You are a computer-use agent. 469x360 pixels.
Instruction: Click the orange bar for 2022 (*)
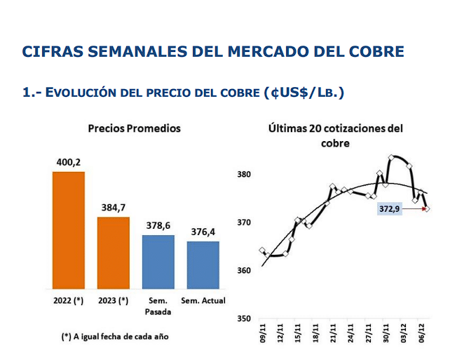[68, 230]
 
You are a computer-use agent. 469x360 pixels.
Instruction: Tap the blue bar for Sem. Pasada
[158, 262]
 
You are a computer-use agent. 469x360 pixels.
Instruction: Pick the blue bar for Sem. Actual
[203, 265]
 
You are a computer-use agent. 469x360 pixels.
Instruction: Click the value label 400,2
[68, 161]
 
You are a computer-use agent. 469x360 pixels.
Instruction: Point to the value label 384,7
[113, 207]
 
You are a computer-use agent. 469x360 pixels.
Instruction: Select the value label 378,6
[158, 225]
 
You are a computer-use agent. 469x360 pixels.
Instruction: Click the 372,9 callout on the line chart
[390, 209]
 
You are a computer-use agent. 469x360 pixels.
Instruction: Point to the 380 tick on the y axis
[243, 175]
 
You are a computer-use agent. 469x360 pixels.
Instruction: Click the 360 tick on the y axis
[243, 271]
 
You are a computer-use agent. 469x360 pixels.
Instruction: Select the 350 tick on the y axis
[243, 319]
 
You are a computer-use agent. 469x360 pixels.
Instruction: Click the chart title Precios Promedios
[134, 128]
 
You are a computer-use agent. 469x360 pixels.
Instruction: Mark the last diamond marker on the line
[427, 209]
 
